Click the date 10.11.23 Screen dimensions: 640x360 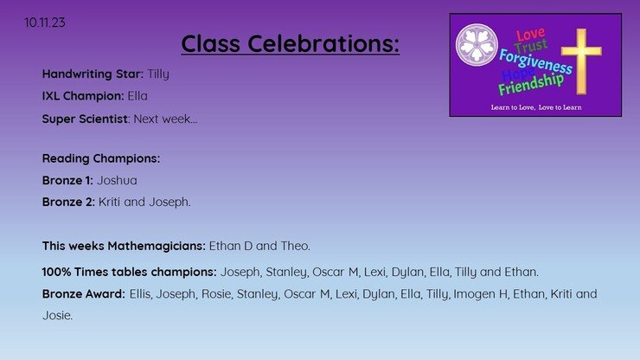[44, 22]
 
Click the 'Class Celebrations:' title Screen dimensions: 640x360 [291, 43]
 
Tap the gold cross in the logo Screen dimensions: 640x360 [581, 61]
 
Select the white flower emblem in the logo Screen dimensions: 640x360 [477, 45]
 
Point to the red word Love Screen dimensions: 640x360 [530, 35]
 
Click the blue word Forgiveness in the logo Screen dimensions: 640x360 [535, 61]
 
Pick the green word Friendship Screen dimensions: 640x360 [531, 84]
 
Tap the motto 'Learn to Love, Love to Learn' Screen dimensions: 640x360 [536, 107]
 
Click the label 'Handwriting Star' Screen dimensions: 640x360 [93, 74]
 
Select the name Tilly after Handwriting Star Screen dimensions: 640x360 [158, 74]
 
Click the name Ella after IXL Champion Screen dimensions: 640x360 [138, 96]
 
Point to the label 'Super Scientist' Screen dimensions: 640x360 [85, 119]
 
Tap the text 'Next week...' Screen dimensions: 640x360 [165, 119]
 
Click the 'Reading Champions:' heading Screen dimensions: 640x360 [101, 158]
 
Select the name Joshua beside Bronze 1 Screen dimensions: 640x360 [117, 181]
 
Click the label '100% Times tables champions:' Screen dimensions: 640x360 [130, 272]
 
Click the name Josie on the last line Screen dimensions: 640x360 [58, 316]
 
